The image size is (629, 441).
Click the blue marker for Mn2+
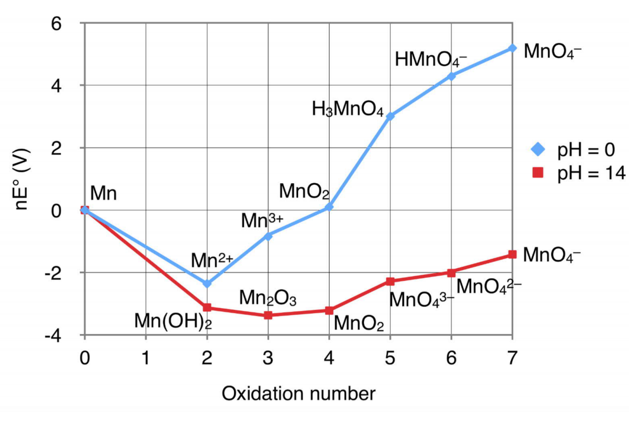[207, 283]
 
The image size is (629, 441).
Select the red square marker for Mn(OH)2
[207, 308]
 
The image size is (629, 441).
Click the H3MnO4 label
[348, 109]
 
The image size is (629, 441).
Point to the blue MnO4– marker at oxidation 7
[513, 48]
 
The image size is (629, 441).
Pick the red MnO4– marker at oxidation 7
[513, 255]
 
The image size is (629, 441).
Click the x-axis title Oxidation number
[299, 393]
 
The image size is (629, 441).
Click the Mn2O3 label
[268, 298]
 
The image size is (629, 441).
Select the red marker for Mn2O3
[268, 315]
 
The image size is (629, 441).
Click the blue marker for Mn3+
[268, 236]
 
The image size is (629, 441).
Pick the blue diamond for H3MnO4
[390, 116]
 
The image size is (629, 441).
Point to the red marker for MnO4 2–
[451, 273]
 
